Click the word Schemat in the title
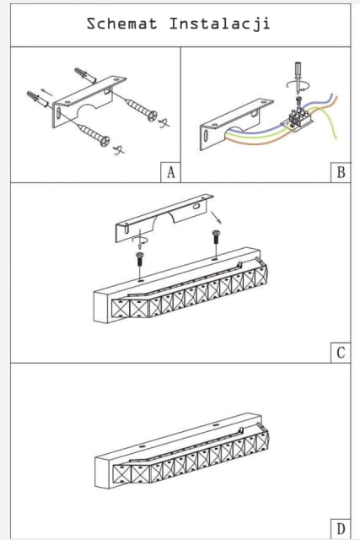click(x=122, y=24)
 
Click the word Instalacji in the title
click(x=219, y=24)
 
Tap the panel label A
click(x=170, y=172)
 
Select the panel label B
click(x=341, y=172)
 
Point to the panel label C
click(x=341, y=353)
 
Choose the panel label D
click(x=341, y=529)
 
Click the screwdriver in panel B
click(x=298, y=78)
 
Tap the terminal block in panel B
click(x=298, y=118)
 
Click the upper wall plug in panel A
click(x=85, y=75)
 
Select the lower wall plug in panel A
click(x=38, y=99)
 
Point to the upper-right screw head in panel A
click(x=153, y=116)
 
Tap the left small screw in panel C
click(x=140, y=259)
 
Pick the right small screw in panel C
click(x=216, y=236)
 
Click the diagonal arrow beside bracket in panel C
click(x=216, y=218)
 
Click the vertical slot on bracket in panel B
click(x=206, y=136)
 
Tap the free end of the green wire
click(x=336, y=138)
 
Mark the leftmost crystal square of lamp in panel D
click(x=121, y=474)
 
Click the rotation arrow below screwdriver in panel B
click(x=298, y=85)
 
